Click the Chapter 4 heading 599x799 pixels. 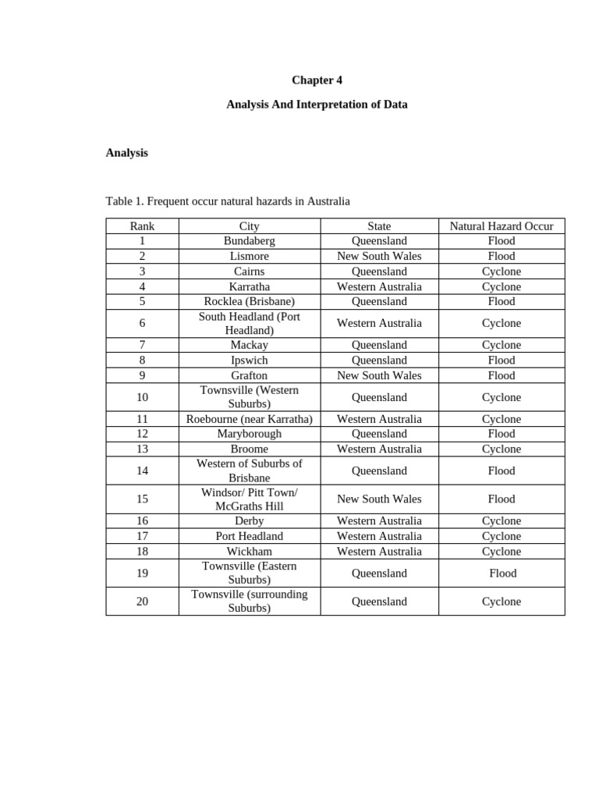(x=317, y=80)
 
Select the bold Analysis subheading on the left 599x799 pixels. (x=126, y=153)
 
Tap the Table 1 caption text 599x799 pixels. (x=228, y=201)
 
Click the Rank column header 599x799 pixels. (x=142, y=226)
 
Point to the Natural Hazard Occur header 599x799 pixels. (x=502, y=226)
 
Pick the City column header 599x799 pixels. (x=249, y=226)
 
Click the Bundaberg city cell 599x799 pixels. (x=249, y=241)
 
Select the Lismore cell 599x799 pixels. (x=249, y=256)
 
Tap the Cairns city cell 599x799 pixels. (x=249, y=272)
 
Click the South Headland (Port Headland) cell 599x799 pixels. (x=249, y=323)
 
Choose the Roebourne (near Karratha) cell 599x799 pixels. (x=249, y=419)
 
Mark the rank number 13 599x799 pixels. (x=142, y=449)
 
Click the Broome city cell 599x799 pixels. (x=249, y=449)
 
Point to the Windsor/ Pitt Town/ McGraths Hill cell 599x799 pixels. (x=249, y=499)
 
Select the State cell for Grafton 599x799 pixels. (x=379, y=375)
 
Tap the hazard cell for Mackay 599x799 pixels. (x=502, y=345)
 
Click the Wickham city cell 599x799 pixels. (x=249, y=551)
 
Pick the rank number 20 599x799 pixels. (x=142, y=602)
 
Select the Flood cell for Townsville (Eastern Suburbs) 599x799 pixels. (x=502, y=574)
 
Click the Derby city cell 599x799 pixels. (x=249, y=520)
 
